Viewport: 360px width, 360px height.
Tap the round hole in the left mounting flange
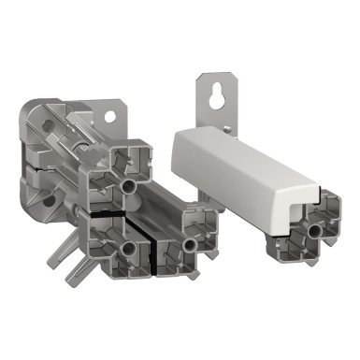pos(113,117)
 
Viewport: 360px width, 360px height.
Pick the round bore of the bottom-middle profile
pos(191,244)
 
